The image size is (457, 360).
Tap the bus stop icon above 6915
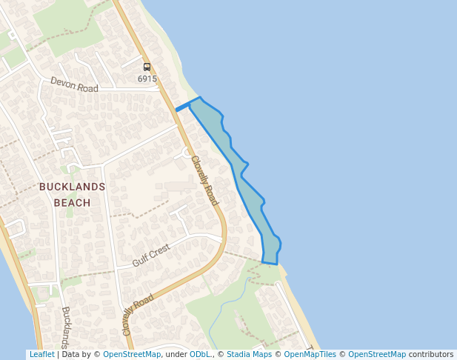click(147, 67)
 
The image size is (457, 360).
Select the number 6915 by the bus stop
click(147, 79)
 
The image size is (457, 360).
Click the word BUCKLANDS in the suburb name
click(73, 187)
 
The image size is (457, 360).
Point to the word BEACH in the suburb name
click(73, 202)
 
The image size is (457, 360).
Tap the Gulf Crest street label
click(151, 256)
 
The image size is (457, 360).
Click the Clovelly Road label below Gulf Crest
click(139, 314)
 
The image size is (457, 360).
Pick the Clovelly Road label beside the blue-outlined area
click(204, 180)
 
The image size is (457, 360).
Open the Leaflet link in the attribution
click(41, 355)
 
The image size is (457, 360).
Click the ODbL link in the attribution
click(200, 355)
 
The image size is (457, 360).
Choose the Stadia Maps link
click(249, 355)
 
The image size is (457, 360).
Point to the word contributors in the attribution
click(431, 355)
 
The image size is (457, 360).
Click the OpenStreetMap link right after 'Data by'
click(132, 355)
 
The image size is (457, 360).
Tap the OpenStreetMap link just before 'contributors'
click(377, 355)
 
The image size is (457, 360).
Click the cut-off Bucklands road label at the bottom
click(66, 326)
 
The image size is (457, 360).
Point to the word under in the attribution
click(176, 355)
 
